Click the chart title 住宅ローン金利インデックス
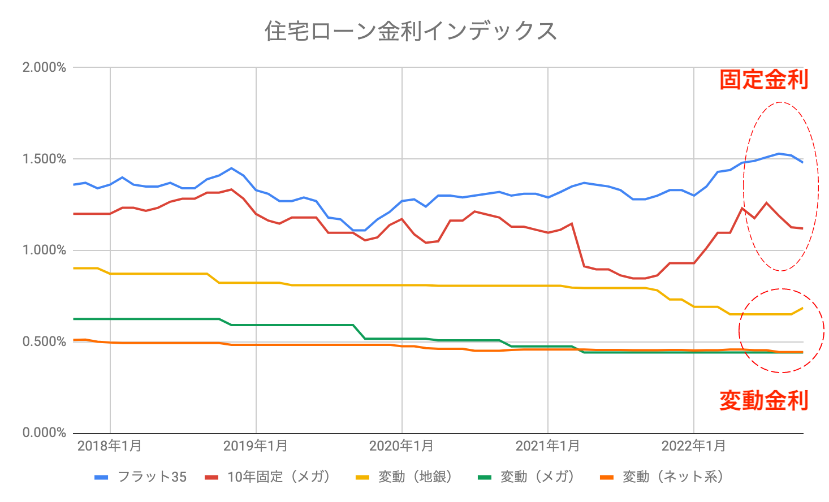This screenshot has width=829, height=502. click(411, 31)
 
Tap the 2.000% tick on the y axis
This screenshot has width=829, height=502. click(44, 68)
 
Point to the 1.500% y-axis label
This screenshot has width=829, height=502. click(44, 159)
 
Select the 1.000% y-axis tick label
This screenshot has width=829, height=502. click(44, 250)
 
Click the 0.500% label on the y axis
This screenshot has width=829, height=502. click(44, 342)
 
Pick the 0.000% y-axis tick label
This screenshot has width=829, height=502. click(44, 433)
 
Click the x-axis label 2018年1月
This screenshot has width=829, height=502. click(110, 446)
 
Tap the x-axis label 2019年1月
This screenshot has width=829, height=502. click(256, 446)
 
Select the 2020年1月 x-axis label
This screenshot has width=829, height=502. click(401, 446)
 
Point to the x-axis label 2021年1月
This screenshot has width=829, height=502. click(548, 446)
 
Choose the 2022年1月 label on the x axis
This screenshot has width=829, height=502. click(694, 446)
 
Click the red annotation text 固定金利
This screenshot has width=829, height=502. click(763, 80)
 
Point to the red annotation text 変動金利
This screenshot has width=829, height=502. click(763, 400)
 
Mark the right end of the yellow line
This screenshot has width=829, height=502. click(802, 308)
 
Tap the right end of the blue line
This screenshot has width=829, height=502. click(802, 162)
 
